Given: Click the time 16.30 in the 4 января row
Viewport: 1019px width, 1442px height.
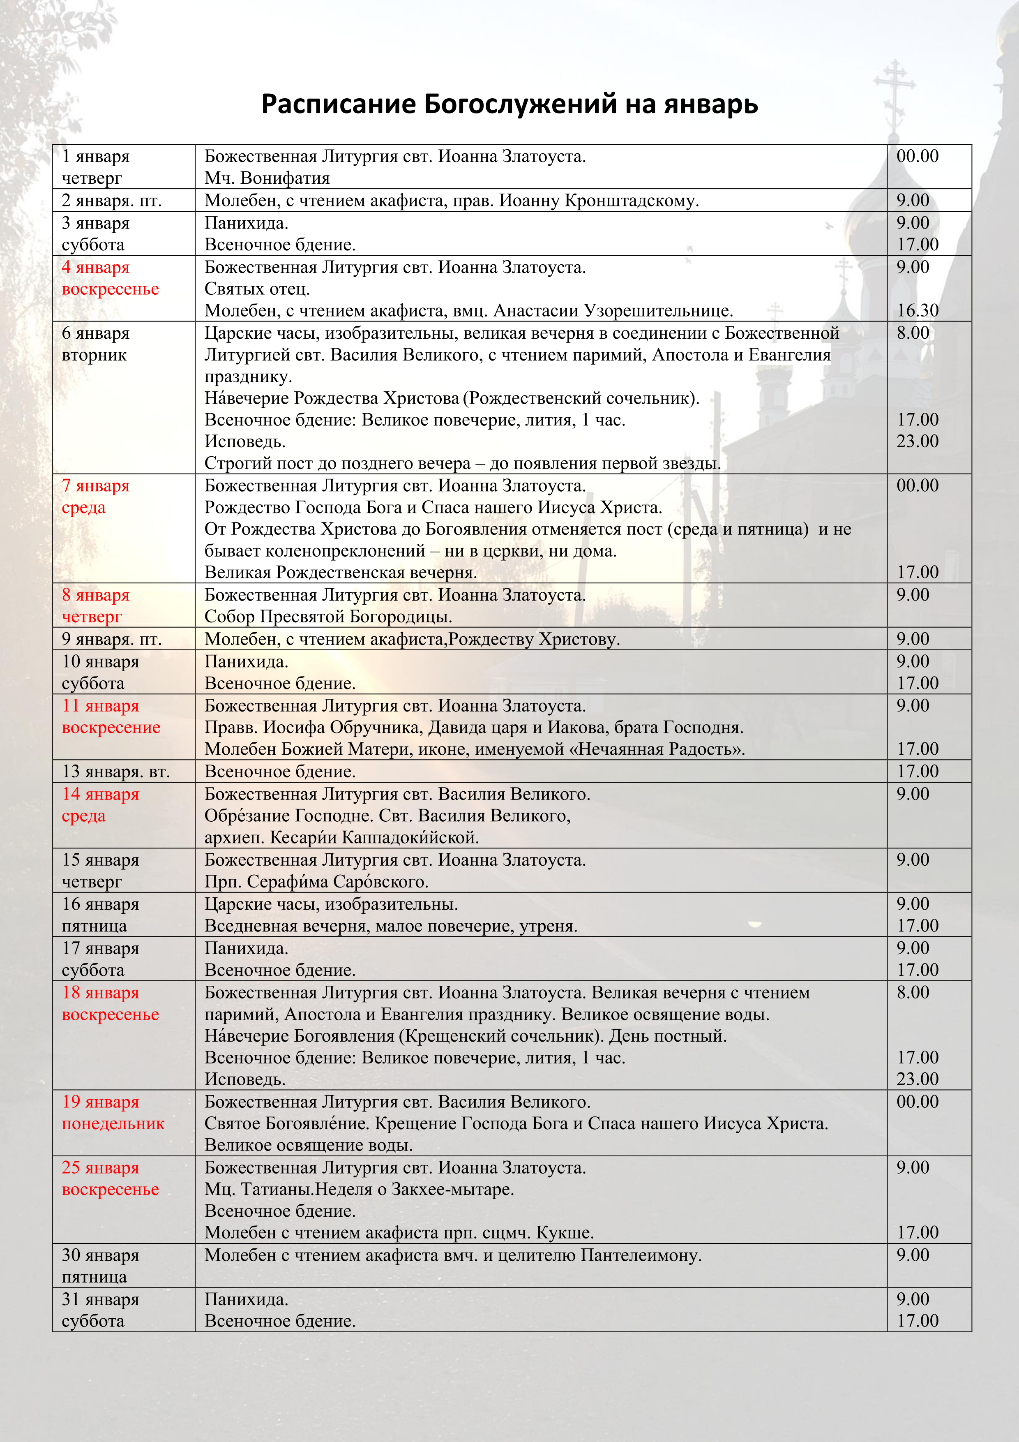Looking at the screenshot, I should [917, 310].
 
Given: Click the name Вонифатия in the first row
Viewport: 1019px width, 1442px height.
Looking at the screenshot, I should [285, 178].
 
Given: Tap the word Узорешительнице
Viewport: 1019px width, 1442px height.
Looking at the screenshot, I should [658, 311].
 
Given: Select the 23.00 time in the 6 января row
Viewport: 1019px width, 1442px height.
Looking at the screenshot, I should [917, 441].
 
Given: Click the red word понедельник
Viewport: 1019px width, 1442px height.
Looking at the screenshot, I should [113, 1123].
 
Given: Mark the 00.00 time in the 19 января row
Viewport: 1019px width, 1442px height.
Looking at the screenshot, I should [917, 1102].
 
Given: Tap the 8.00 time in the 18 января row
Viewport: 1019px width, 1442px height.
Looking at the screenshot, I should [912, 992].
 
